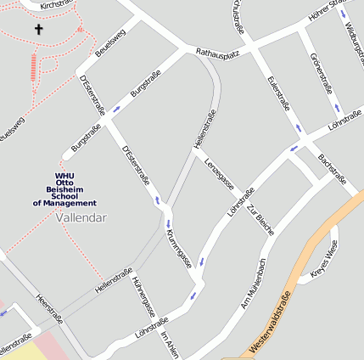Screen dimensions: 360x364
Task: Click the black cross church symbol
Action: click(37, 30)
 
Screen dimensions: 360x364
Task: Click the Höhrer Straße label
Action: click(328, 9)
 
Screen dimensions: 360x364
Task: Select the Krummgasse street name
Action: click(178, 249)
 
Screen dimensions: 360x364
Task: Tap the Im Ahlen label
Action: click(170, 344)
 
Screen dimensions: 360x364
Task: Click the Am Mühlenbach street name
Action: click(254, 283)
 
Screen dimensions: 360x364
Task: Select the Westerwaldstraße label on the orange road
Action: click(272, 323)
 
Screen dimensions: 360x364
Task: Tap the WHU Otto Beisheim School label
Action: click(64, 190)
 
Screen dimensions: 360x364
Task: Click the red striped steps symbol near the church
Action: click(34, 67)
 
